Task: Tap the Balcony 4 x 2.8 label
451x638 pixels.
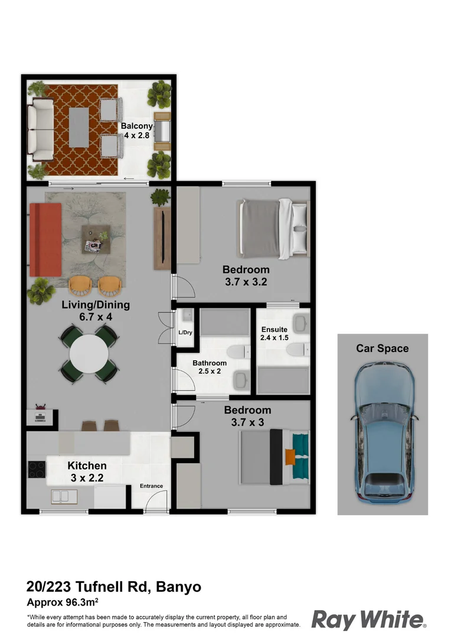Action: point(137,131)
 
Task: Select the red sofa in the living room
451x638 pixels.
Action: point(45,239)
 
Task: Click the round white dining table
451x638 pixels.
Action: point(89,354)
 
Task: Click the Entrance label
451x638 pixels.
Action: point(151,486)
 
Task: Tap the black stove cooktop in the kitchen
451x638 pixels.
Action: point(37,469)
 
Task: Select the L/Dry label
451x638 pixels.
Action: point(185,333)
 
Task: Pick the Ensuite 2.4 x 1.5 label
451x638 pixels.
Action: point(274,334)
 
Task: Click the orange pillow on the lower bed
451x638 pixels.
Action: point(290,457)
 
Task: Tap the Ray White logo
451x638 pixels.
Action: point(368,620)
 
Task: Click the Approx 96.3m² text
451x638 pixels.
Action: point(62,603)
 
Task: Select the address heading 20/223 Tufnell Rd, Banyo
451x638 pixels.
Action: point(114,587)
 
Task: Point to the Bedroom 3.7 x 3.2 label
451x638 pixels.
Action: point(246,276)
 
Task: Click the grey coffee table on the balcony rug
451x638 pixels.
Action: point(79,128)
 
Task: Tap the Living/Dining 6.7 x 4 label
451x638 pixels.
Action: point(96,311)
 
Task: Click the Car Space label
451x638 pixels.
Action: point(382,349)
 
